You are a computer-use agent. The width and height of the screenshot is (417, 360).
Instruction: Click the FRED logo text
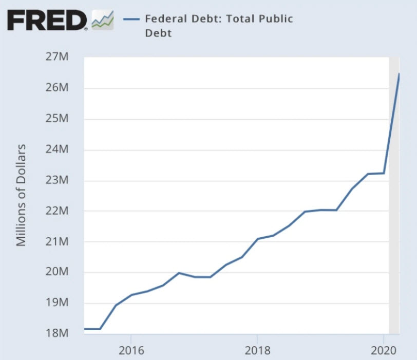pos(47,21)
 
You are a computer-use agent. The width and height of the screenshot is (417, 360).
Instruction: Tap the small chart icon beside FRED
pos(102,21)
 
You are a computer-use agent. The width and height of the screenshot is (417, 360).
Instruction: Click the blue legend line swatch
pos(132,20)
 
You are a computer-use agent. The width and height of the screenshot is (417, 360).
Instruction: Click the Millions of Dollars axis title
pos(21,195)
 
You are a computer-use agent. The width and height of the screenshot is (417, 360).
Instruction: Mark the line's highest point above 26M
pos(399,74)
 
